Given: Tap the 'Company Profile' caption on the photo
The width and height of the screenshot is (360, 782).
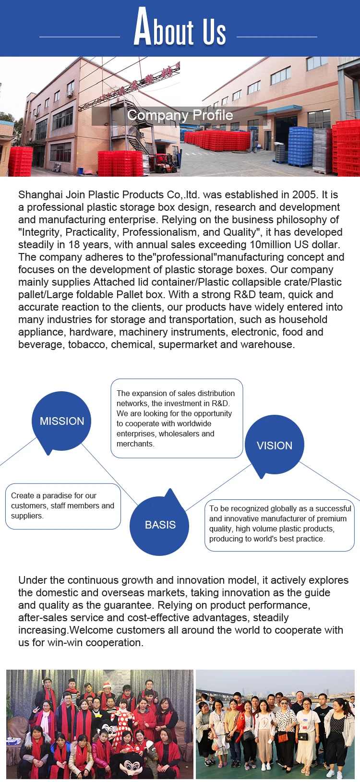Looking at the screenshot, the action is click(180, 115).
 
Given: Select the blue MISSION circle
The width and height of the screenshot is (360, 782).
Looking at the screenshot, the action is click(62, 421).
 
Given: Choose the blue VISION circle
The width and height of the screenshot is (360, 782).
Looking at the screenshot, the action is click(274, 445).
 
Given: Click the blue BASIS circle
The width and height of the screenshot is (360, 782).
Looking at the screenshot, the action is click(160, 525).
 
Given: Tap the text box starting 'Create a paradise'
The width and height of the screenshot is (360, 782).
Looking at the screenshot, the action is click(63, 506).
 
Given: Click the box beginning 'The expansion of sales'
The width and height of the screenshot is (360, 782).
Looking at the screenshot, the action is click(177, 419).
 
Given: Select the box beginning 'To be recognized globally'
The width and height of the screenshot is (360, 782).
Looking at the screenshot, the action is click(279, 524).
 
